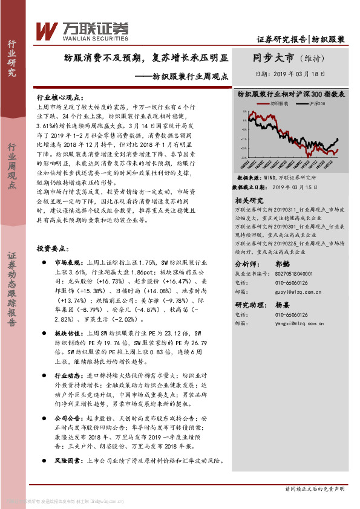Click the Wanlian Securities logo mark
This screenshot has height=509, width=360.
point(46,30)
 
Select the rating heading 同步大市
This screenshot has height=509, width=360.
point(273,58)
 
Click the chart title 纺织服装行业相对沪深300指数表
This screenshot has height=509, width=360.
point(290,94)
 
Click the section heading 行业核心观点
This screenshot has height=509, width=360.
point(62,97)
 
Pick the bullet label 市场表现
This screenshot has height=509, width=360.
point(68,263)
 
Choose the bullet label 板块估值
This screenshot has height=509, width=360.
point(68,333)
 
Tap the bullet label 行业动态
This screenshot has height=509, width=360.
point(68,375)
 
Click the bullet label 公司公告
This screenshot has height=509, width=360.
point(68,418)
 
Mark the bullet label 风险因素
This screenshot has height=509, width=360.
point(68,460)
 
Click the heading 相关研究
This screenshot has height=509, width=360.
point(249,200)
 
